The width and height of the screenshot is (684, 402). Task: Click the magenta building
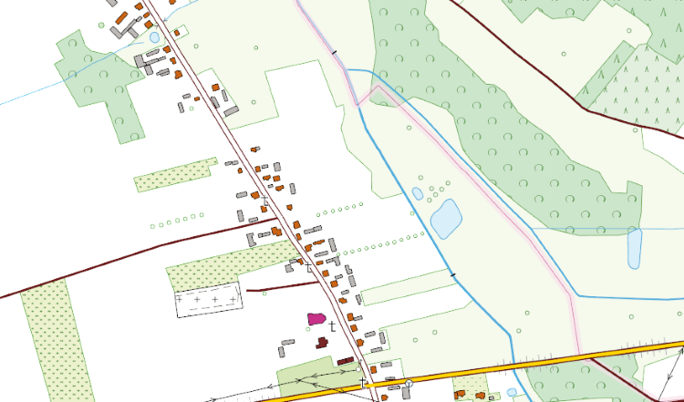click(316, 318)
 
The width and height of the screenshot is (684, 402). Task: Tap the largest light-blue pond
click(446, 219)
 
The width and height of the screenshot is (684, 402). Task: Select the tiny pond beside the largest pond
click(417, 193)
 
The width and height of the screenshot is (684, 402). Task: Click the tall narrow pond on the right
click(635, 247)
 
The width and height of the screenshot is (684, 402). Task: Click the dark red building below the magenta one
click(321, 343)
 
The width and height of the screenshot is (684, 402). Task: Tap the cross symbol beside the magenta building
click(333, 325)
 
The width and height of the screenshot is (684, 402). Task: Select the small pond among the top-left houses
click(154, 37)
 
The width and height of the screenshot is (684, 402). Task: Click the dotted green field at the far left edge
click(46, 337)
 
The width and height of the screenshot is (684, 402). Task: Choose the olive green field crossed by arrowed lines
click(306, 379)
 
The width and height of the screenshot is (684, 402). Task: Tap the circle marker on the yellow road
click(409, 383)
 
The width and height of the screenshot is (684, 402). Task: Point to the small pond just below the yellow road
click(512, 393)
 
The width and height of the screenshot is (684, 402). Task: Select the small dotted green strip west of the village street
click(175, 175)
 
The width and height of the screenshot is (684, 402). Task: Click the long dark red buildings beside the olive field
click(345, 361)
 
